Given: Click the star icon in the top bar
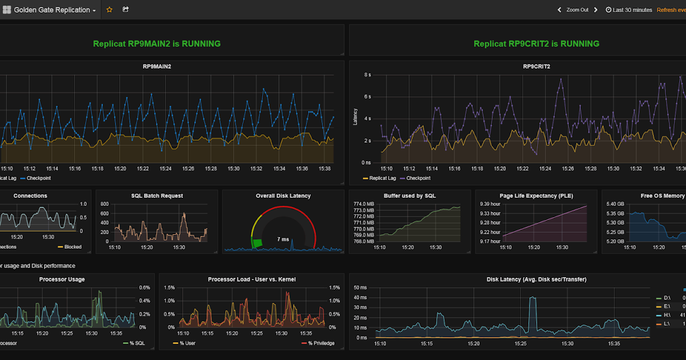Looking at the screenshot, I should click(110, 10).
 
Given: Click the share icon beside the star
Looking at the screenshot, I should click(126, 10).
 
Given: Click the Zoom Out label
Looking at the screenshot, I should click(577, 10).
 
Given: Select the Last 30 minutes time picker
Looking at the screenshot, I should click(629, 10).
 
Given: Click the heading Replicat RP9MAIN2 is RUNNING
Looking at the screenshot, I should click(157, 43).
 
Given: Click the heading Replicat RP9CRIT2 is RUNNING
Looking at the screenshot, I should click(536, 43).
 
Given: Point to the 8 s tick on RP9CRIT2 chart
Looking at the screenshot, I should click(368, 75).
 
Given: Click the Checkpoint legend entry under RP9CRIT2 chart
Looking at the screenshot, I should click(417, 178).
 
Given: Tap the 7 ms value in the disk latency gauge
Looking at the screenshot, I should click(283, 239).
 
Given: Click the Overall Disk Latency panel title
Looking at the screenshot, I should click(283, 195).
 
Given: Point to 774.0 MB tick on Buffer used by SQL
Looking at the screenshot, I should click(364, 204).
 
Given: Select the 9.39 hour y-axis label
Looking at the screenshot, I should click(490, 204).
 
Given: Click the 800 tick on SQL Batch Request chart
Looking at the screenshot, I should click(104, 204).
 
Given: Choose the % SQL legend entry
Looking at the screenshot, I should click(133, 343).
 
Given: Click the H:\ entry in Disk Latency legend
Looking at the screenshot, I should click(667, 315).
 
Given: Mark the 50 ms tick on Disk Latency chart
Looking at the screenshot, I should click(360, 287).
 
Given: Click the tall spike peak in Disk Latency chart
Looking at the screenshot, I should click(533, 298).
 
